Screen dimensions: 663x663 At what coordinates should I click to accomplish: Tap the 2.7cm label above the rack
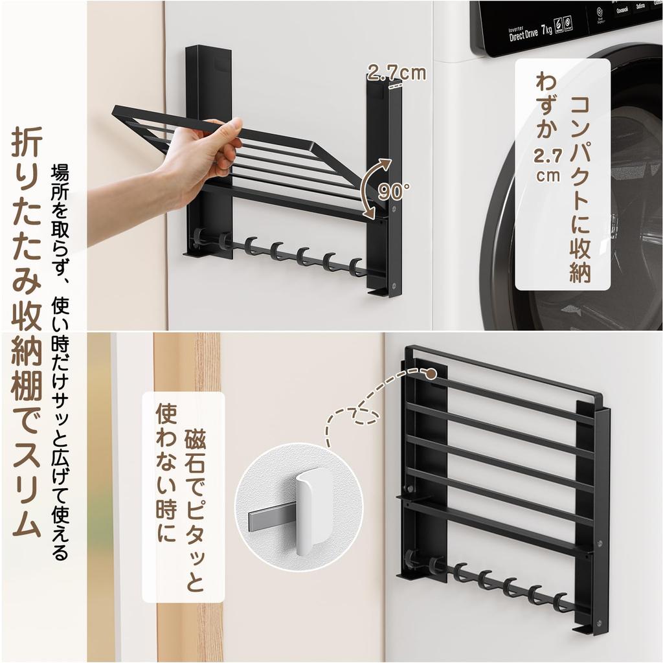[x=396, y=72]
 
